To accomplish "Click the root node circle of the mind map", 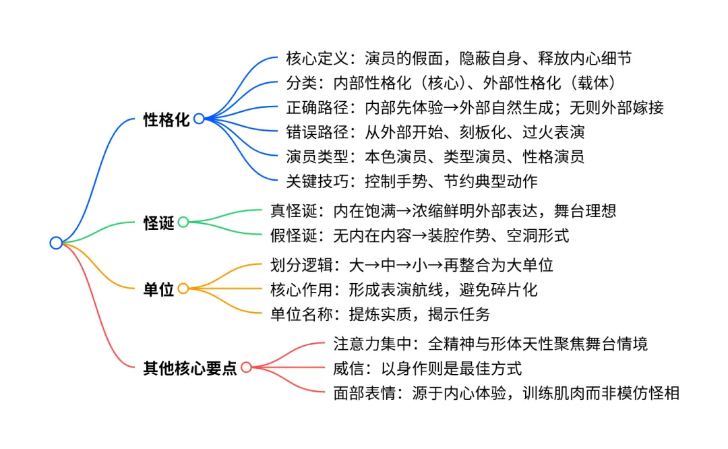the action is click(56, 243).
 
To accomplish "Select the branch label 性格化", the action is click(166, 120).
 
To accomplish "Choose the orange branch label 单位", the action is click(159, 290).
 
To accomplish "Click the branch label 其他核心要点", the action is click(190, 368).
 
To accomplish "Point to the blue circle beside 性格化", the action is click(199, 119).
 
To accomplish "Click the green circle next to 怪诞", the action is click(183, 222).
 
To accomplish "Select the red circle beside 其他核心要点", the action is click(246, 367).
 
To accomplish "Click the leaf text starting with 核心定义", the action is click(458, 59).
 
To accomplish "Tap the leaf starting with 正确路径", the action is click(475, 108).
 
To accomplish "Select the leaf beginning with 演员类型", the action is click(435, 157).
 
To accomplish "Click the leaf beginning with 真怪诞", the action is click(442, 211).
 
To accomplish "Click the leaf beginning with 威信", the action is click(427, 368).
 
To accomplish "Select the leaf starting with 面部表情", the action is click(506, 392).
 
